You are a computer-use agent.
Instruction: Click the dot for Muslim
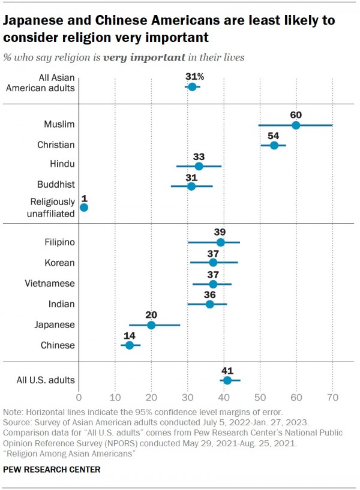click(296, 125)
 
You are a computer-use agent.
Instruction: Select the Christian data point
click(274, 145)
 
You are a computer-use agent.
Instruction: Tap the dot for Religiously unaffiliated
click(83, 208)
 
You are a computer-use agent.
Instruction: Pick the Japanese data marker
click(151, 325)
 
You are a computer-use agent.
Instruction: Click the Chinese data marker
click(130, 345)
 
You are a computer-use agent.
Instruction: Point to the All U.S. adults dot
click(227, 380)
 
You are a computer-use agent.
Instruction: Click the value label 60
click(296, 114)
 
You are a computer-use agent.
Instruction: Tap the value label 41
click(227, 369)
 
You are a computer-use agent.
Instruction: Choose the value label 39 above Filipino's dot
click(220, 232)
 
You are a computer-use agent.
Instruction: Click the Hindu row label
click(62, 164)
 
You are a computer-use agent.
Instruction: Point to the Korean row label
click(59, 263)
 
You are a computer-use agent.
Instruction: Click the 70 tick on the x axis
click(332, 397)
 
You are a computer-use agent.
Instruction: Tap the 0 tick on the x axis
click(79, 397)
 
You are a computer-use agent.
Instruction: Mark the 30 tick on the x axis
click(188, 397)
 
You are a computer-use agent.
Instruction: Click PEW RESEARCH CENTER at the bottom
click(52, 470)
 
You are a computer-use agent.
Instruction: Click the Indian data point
click(209, 304)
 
